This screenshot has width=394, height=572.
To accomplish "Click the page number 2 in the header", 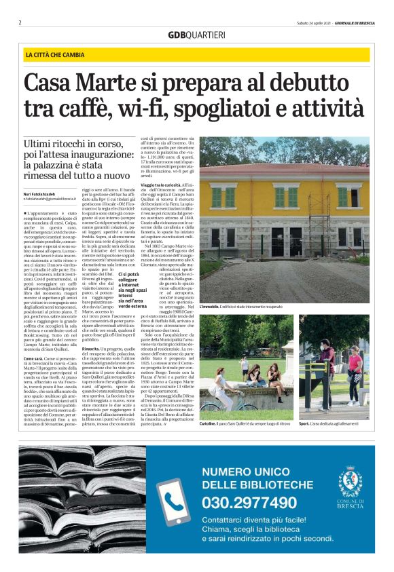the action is tap(20, 22).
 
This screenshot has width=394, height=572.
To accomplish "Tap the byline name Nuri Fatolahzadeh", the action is tap(40, 195).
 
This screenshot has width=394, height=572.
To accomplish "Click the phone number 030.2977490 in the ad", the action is tap(249, 503).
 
